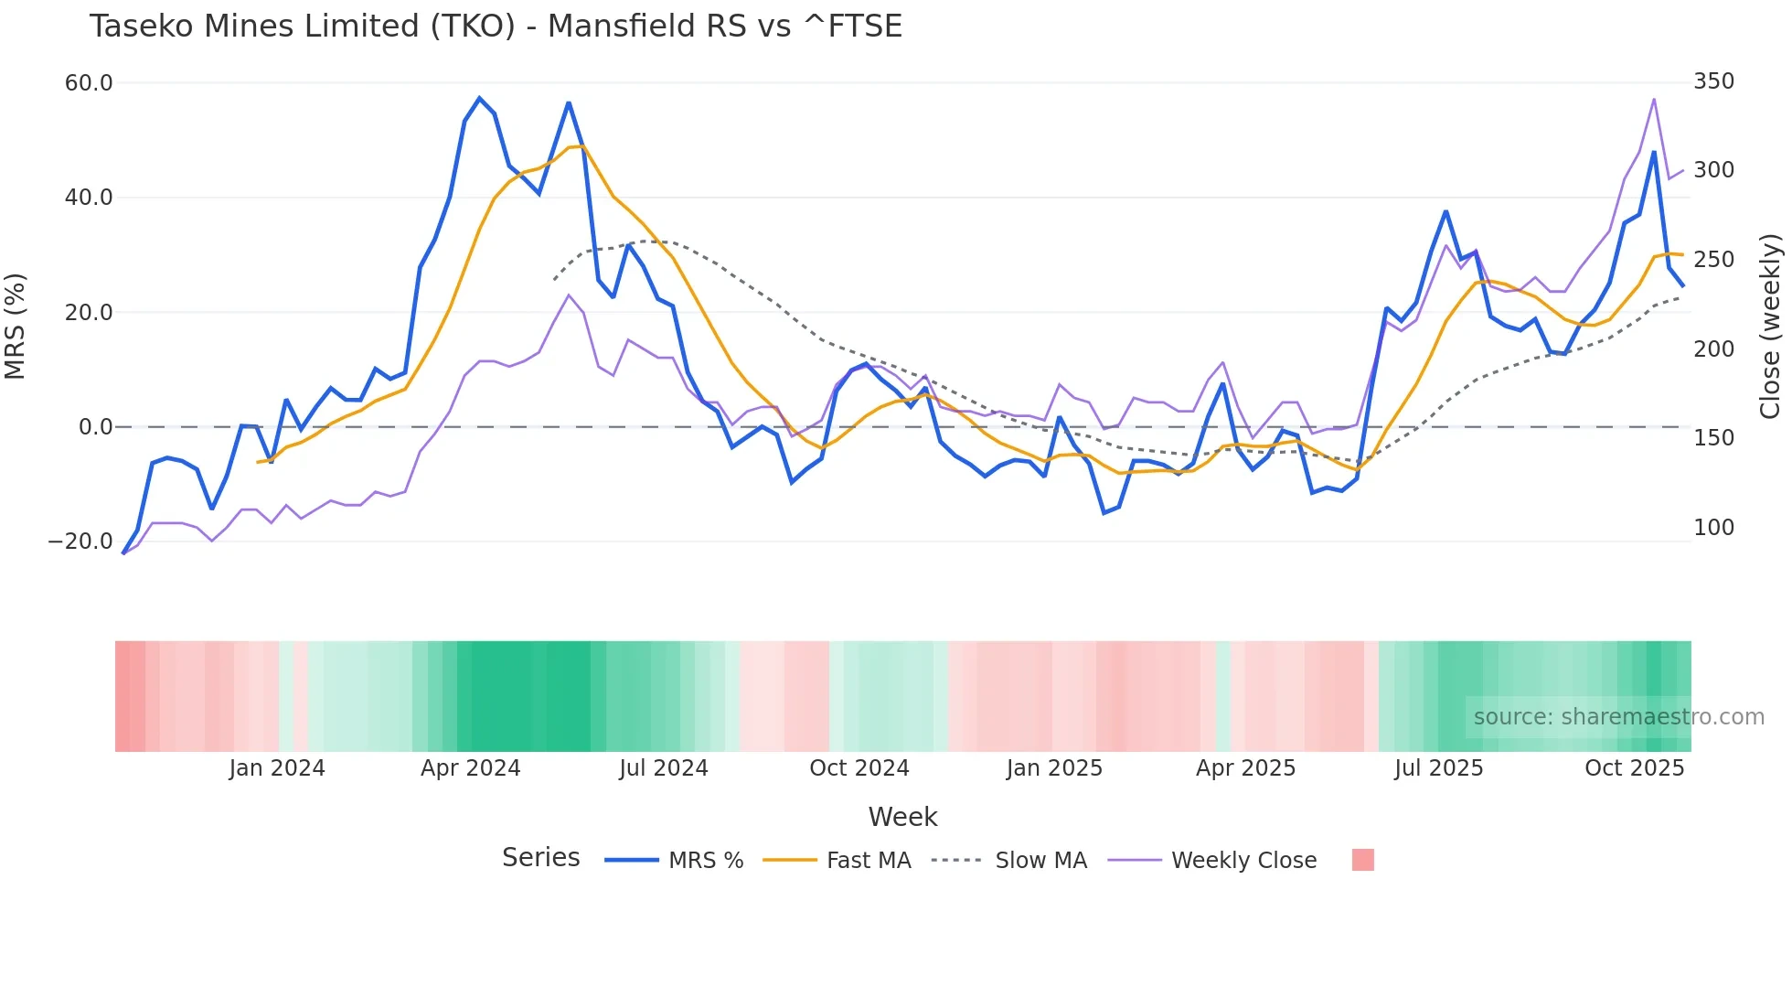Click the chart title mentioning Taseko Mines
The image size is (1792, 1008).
(x=496, y=27)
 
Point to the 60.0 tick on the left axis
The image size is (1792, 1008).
(x=89, y=83)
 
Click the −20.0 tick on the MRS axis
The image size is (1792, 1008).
(x=80, y=542)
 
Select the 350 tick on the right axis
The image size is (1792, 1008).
(x=1713, y=81)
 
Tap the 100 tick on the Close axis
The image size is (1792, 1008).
(x=1713, y=528)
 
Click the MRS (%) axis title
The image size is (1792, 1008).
(x=16, y=326)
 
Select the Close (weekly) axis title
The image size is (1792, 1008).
(x=1770, y=326)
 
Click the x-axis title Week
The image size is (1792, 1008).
(x=902, y=817)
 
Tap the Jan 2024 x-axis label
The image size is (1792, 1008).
(x=277, y=768)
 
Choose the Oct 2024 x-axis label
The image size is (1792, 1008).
(x=859, y=768)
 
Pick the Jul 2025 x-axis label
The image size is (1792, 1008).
(x=1438, y=768)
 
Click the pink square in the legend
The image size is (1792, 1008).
(x=1362, y=860)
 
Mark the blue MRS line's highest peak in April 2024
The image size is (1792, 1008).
(x=479, y=98)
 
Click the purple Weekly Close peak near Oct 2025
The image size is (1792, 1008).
(x=1654, y=99)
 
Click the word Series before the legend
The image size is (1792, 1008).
(x=540, y=858)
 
